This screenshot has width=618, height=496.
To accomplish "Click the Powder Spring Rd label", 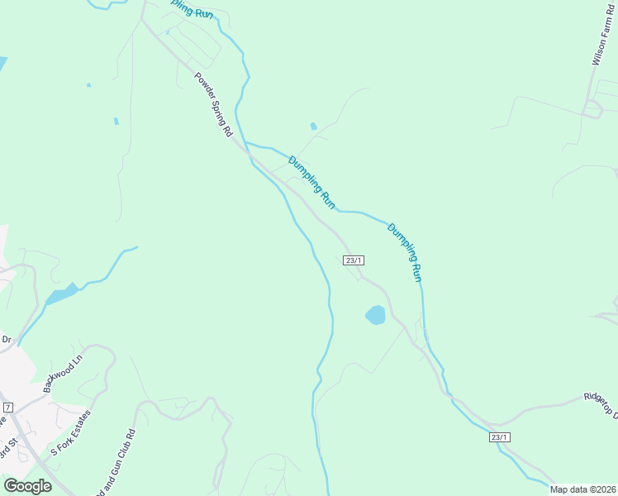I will (214, 106).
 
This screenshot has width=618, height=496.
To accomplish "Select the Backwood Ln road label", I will (64, 374).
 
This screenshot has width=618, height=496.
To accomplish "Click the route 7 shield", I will (8, 408).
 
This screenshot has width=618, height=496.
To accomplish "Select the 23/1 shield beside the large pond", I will (354, 260).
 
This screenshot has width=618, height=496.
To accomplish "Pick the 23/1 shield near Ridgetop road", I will (499, 437).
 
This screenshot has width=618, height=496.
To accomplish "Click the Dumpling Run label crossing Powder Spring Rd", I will (311, 182).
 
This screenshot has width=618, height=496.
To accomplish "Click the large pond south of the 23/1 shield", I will (375, 315).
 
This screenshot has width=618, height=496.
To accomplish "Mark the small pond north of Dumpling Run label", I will (313, 126).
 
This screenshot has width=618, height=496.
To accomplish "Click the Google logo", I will (27, 485).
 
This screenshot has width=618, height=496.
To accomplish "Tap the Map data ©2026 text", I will (582, 489).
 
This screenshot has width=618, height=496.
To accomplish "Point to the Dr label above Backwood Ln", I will (6, 340).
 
